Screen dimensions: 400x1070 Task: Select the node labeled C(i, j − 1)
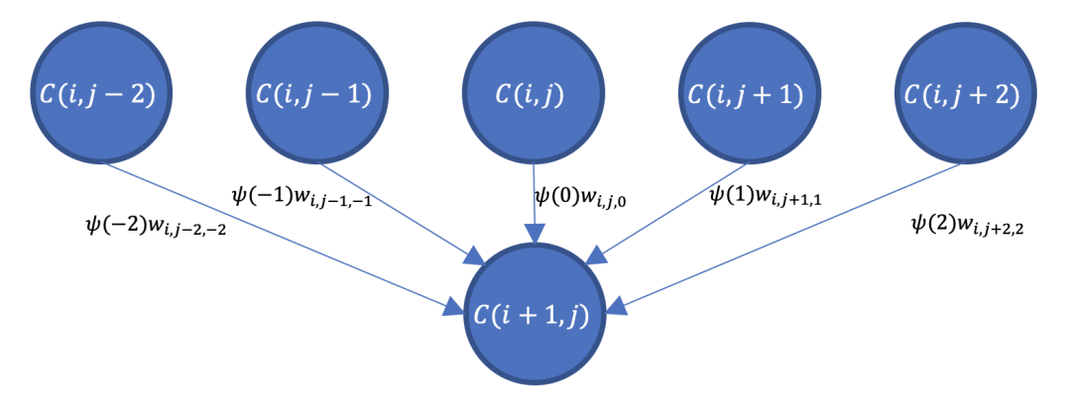point(314,95)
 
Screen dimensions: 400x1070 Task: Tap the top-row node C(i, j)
point(533,95)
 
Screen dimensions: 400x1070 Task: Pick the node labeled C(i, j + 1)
point(745,95)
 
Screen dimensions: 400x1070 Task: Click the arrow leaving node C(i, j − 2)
point(278,239)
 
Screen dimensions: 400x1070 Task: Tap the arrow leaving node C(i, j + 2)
point(793,238)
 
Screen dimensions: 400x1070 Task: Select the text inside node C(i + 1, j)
point(535,316)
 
